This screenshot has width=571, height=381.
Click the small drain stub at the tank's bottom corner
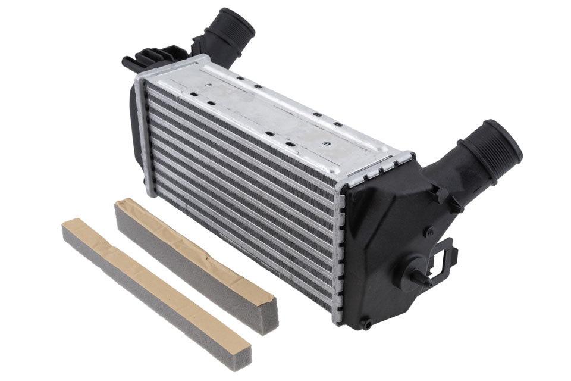point(366,324)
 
